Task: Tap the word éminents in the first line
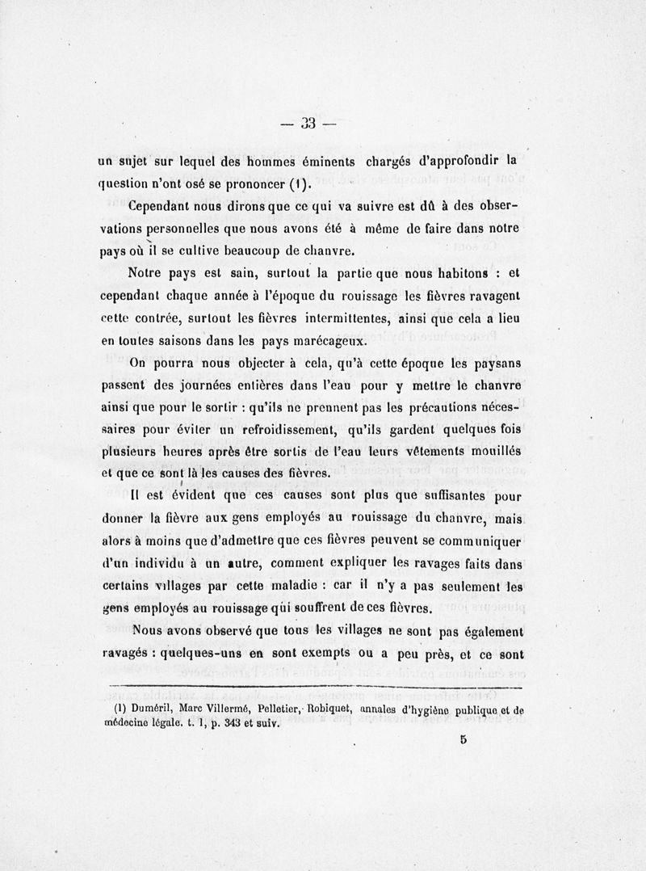click(324, 161)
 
